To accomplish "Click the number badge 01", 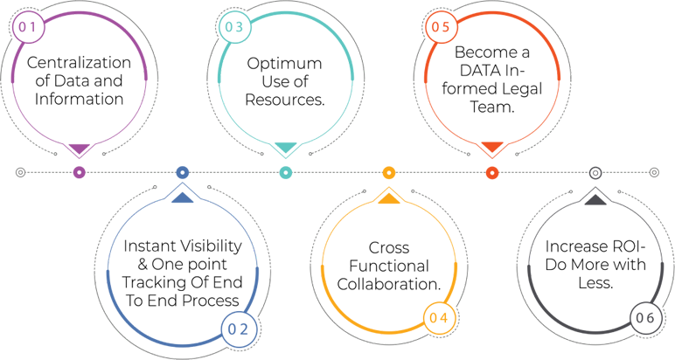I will click(x=27, y=27).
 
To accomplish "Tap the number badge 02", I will click(x=239, y=329).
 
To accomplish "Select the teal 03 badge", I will click(x=233, y=27).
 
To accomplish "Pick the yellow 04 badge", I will click(x=439, y=317).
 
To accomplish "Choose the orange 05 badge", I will click(x=440, y=27).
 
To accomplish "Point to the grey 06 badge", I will click(x=644, y=318).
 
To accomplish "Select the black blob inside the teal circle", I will click(x=284, y=79).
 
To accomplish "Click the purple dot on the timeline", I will click(x=79, y=172).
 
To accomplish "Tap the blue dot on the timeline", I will click(x=182, y=172).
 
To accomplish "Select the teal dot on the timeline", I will click(x=285, y=172).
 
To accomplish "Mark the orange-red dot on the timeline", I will click(x=491, y=172).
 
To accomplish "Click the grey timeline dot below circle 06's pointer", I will click(x=595, y=172).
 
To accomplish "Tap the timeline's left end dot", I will click(x=21, y=172).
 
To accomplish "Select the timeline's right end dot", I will click(x=654, y=172).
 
